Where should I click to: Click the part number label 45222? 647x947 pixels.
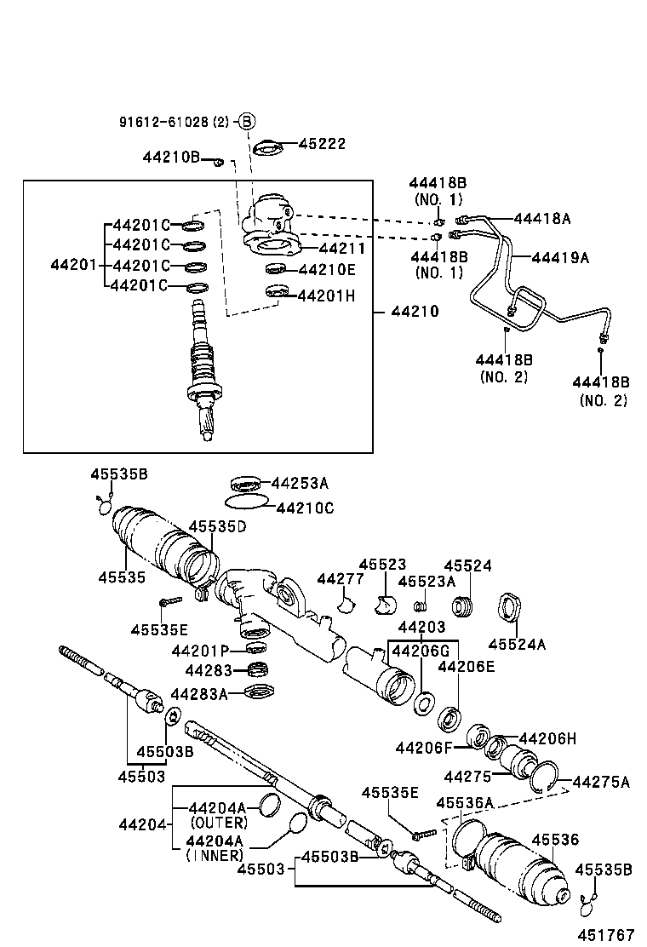322,144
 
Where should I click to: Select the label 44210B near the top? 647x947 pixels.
171,157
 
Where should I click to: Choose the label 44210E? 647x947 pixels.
327,270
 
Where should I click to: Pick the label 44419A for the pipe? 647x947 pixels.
560,256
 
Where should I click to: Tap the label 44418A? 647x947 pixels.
542,218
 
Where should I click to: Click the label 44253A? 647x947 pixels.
299,483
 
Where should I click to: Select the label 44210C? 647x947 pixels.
305,508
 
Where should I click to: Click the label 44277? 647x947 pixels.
341,579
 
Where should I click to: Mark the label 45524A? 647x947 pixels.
517,644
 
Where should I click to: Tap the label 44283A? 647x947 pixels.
199,694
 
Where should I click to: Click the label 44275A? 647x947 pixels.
601,782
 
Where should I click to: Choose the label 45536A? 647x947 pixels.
465,802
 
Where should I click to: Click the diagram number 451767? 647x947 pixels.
606,934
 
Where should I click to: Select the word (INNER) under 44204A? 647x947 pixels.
214,855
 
